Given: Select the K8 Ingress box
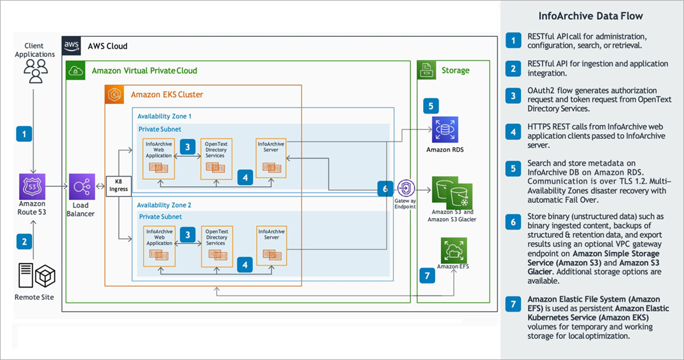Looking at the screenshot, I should coord(118,186).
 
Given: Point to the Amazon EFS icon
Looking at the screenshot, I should coord(453,250).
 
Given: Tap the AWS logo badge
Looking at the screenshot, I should coord(71,45).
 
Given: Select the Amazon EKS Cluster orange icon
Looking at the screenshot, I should coord(114,94).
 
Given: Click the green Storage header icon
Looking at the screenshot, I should coord(427,70).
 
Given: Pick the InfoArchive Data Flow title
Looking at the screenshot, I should coord(591,15).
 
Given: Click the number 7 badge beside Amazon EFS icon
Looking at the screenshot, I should coord(427,275).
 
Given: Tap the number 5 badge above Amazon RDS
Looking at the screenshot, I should coord(431,105).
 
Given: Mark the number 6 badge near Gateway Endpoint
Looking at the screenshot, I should coord(385,189).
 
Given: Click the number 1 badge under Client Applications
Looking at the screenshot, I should coord(24,135).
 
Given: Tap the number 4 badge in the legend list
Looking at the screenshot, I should coord(513,132).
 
